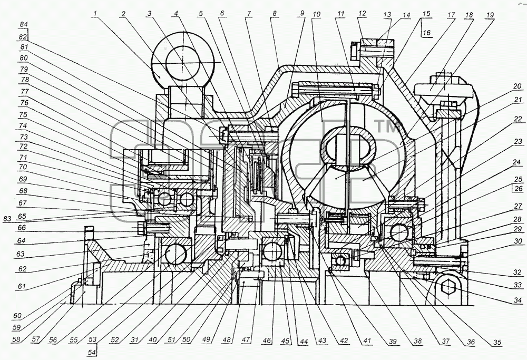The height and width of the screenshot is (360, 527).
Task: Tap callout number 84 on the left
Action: [24, 25]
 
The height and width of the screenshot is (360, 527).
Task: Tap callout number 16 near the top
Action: [427, 33]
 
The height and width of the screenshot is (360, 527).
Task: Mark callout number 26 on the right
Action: [519, 189]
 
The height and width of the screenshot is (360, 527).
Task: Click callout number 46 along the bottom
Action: [267, 340]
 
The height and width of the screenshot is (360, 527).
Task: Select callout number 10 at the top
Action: [316, 14]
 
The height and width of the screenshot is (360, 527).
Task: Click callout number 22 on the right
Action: [518, 119]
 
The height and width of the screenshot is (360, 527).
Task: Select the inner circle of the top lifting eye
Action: [182, 63]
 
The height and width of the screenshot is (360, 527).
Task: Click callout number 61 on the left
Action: [22, 287]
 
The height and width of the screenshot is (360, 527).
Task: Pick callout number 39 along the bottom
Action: [393, 342]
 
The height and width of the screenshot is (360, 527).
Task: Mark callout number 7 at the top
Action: [249, 14]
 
